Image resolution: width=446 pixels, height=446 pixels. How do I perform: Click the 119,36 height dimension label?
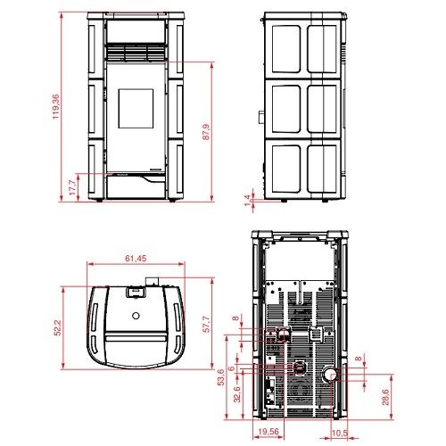point(56,107)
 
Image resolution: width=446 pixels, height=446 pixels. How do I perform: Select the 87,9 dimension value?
point(206,132)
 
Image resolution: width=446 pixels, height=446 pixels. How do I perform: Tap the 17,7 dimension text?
point(72,187)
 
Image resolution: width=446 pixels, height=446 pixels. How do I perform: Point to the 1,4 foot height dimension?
point(247,201)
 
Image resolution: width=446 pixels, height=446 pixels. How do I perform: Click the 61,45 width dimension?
point(136,259)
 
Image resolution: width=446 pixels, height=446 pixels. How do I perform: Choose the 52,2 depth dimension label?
point(57,327)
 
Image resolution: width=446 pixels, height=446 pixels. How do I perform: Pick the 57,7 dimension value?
point(206,324)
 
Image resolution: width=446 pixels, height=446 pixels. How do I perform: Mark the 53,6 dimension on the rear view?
point(221,377)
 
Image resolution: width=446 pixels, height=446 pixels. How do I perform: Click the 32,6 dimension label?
point(237,394)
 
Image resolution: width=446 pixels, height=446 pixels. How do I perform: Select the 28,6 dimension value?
point(385,397)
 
